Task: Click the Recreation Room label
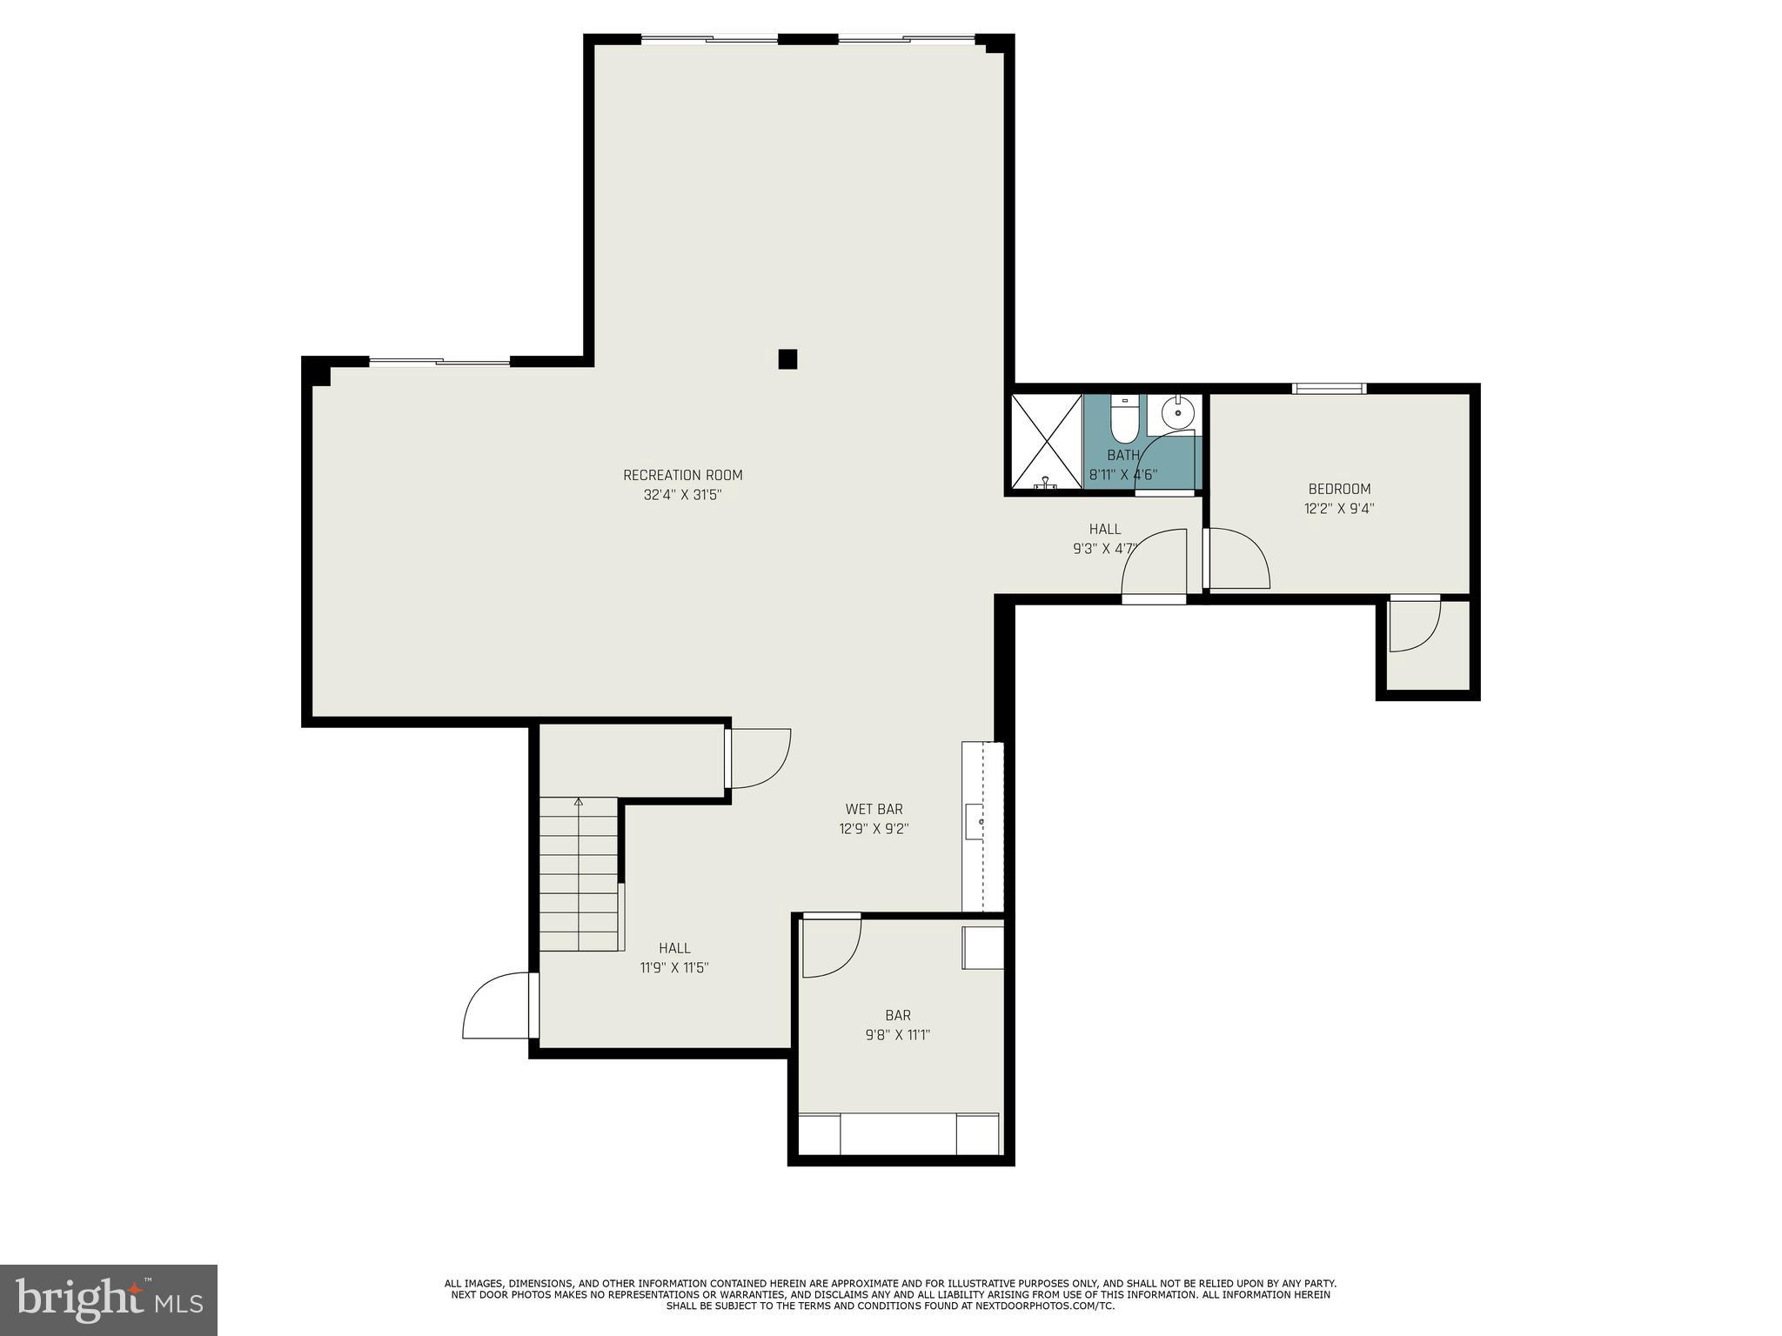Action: point(682,475)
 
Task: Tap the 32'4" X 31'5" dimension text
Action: point(682,495)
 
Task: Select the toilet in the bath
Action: point(1123,420)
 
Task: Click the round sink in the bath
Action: point(1177,413)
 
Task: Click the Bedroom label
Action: point(1338,489)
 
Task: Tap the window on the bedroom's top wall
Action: point(1329,388)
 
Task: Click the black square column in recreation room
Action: point(787,359)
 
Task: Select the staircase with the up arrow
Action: point(579,874)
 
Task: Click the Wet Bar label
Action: point(874,809)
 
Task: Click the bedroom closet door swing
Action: point(1413,625)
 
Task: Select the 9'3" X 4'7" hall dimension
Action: point(1104,549)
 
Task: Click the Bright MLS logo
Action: point(109,1299)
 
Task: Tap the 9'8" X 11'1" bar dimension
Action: point(897,1035)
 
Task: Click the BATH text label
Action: point(1123,455)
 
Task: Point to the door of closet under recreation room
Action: point(759,758)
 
